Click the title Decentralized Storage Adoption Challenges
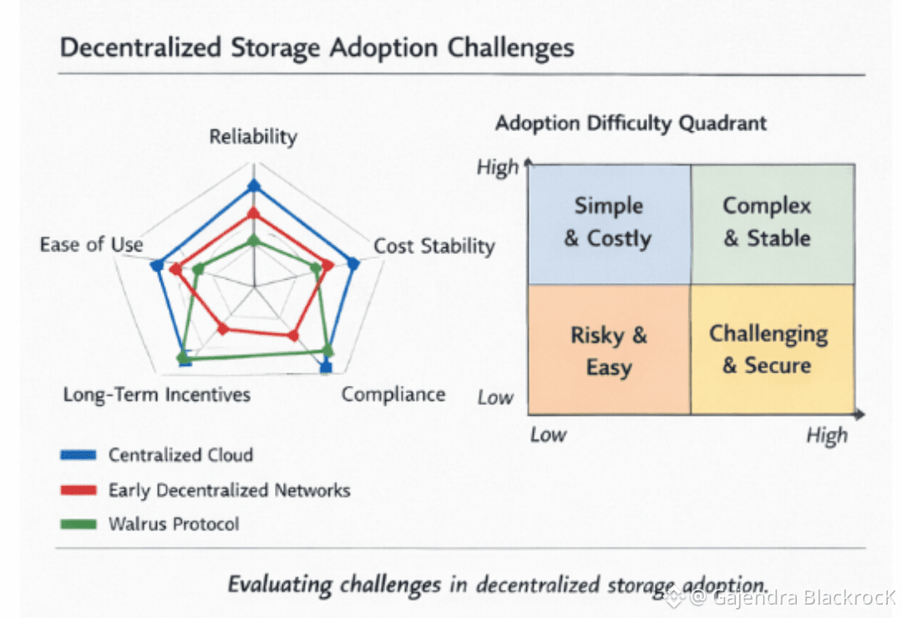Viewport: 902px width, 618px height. tap(317, 48)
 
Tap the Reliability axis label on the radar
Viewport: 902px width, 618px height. tap(253, 137)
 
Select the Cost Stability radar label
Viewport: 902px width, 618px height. tap(434, 246)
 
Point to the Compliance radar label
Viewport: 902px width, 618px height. tap(393, 394)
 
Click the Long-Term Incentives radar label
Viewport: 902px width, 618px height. tap(157, 394)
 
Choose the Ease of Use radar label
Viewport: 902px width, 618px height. tap(92, 245)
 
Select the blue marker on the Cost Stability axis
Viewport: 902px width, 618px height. tap(353, 264)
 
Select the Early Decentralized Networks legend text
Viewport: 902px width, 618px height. tap(229, 490)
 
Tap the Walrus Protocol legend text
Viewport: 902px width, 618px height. tap(174, 524)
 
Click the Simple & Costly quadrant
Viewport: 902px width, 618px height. tap(609, 223)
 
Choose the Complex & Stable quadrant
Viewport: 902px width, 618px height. tap(773, 223)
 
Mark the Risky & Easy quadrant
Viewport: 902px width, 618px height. tap(609, 351)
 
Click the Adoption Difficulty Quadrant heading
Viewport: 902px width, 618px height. tap(631, 124)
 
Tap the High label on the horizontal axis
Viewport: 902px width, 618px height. tap(827, 435)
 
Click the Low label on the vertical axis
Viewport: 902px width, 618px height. tap(495, 398)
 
